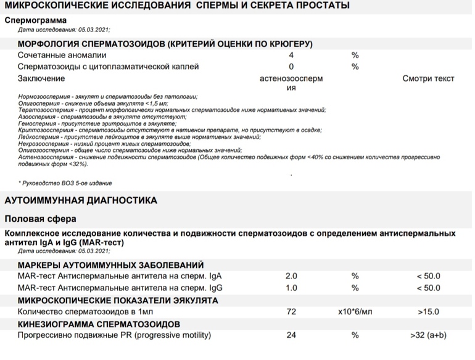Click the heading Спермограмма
(36, 20)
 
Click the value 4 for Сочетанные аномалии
(291, 55)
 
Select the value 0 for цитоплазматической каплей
(291, 67)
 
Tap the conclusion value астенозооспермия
(291, 83)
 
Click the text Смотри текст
(428, 78)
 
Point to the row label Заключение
(41, 78)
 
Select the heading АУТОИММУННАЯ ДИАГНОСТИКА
(81, 201)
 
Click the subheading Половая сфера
(41, 219)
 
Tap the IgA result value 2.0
(291, 276)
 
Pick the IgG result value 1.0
(291, 288)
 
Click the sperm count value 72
(291, 312)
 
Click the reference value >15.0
(428, 312)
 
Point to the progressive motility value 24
(291, 335)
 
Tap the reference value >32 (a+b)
(428, 335)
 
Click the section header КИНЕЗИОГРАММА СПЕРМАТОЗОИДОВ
(99, 324)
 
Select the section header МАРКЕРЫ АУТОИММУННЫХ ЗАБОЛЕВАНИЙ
(110, 264)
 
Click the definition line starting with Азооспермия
(102, 115)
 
